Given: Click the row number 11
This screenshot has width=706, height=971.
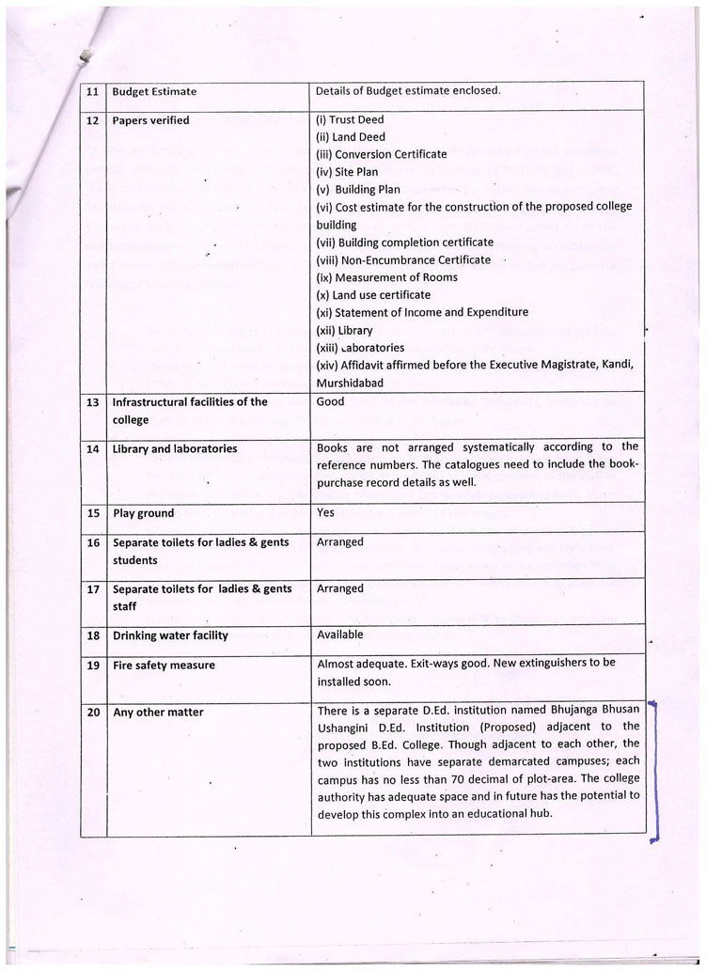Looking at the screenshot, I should pos(92,91).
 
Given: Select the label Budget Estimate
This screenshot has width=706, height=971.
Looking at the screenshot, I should pos(154,91).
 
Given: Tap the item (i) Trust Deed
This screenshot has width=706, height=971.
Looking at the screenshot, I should pos(350,120).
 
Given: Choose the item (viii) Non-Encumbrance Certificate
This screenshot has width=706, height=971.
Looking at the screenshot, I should pos(403,259).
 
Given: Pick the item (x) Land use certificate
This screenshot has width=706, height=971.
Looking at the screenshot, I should pos(373,295).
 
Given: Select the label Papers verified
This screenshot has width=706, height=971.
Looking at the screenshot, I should pos(150,120).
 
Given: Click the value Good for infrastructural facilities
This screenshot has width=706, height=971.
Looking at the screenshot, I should pos(331,401).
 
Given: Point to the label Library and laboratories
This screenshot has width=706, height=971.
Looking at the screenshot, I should pos(169,449).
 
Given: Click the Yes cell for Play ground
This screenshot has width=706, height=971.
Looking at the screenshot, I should pos(325,513).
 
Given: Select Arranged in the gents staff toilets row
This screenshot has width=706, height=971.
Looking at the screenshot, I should pos(340,588).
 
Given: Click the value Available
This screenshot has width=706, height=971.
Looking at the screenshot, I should pos(340,635).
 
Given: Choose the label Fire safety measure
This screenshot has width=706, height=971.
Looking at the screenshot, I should pos(164,666).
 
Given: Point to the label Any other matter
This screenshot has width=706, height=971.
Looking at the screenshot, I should pos(158,713).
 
